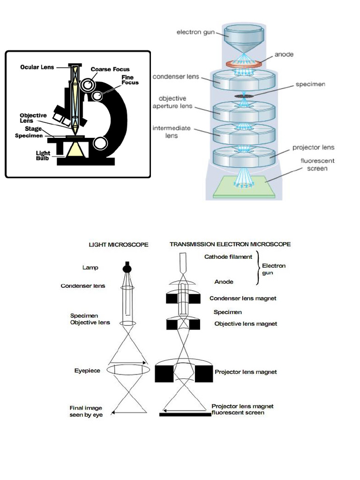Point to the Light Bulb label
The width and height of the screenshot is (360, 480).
tap(43, 156)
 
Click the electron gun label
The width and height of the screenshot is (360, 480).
tap(195, 32)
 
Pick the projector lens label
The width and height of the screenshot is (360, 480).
tap(313, 147)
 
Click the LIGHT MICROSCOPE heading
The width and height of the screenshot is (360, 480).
tap(119, 244)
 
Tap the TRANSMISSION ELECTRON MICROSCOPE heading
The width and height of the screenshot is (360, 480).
tap(230, 244)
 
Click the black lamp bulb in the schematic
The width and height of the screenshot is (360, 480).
tap(127, 269)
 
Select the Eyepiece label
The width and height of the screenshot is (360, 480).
tap(87, 370)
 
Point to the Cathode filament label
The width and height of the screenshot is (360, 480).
tap(228, 256)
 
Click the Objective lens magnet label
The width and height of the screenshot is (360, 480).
tap(246, 324)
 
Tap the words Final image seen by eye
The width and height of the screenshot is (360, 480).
tap(86, 411)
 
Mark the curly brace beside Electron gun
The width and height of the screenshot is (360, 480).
tap(257, 269)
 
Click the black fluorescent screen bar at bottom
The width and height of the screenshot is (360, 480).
tap(185, 414)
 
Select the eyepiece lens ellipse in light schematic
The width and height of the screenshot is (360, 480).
tap(128, 369)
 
